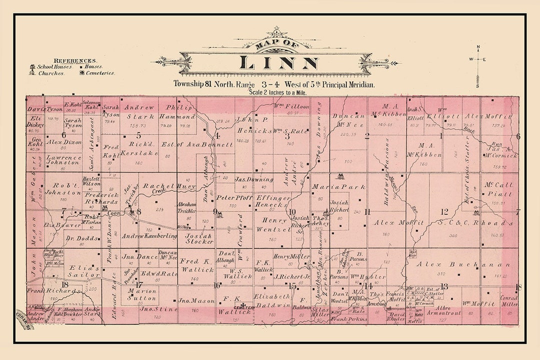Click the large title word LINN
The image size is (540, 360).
point(278,63)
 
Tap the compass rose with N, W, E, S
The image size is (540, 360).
point(478,60)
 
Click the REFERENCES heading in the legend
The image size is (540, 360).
point(75,60)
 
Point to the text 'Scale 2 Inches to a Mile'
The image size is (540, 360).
point(277,92)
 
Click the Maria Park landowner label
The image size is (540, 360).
point(332,186)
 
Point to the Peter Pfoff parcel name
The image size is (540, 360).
point(234,197)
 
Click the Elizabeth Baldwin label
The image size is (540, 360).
point(272,300)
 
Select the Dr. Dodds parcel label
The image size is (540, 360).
point(81,238)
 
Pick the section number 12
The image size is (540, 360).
point(444,211)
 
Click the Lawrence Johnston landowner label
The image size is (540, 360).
point(63,159)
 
